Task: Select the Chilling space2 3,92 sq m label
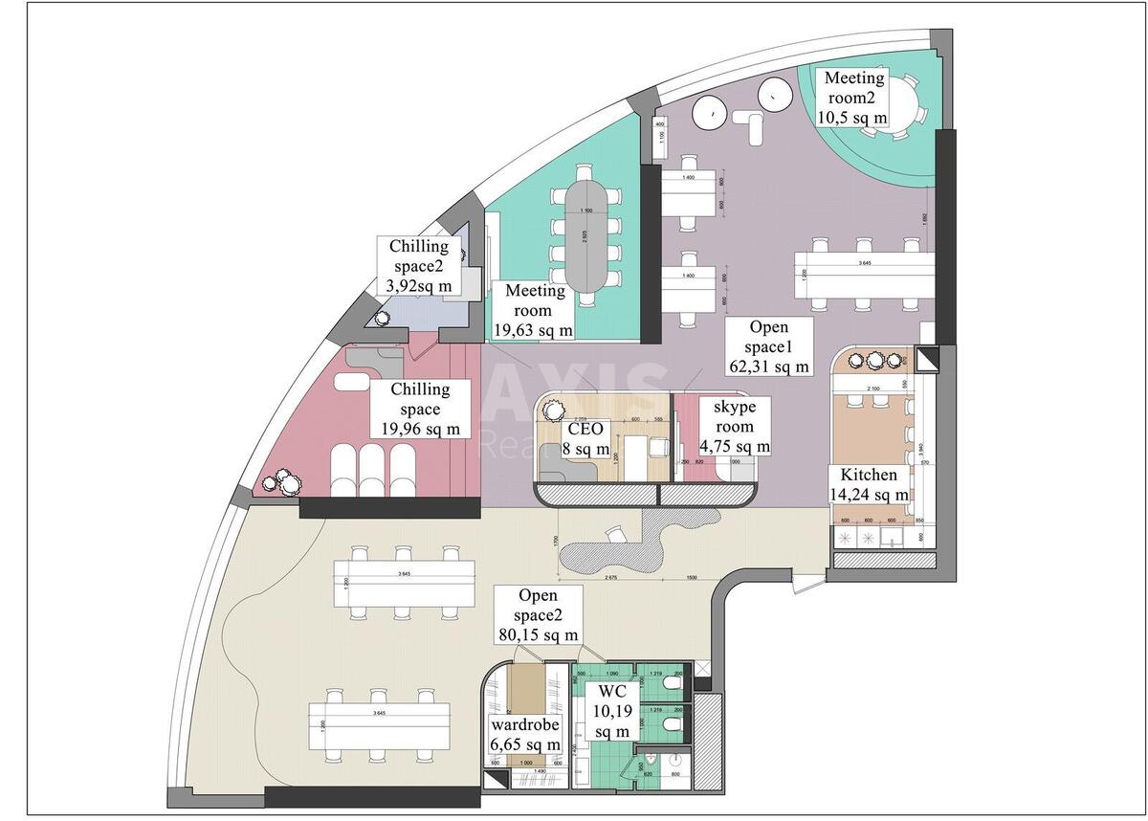[x=418, y=266]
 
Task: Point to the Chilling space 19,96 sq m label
[x=420, y=409]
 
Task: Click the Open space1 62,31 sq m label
[x=768, y=346]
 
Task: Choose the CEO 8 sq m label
[x=584, y=438]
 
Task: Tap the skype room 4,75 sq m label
[x=735, y=427]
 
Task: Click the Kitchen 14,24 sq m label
[x=869, y=485]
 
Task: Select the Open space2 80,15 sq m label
[x=538, y=614]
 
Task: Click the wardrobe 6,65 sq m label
[x=525, y=735]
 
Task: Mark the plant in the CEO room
[x=553, y=410]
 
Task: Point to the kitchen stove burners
[x=855, y=538]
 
